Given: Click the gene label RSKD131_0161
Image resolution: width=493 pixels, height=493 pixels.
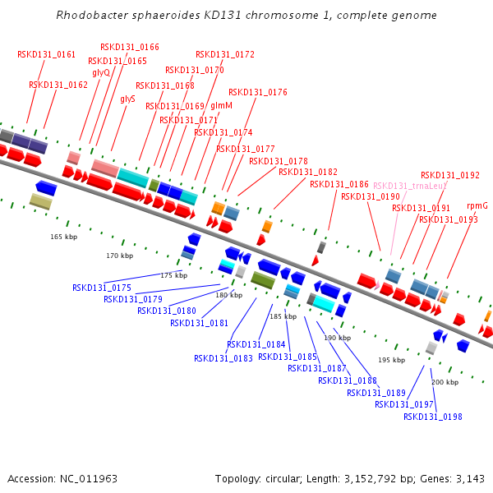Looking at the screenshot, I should pos(46,55).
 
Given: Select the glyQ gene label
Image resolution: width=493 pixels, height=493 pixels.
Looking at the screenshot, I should pos(101,73).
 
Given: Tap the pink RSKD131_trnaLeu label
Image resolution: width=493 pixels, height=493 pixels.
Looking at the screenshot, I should pos(409,186).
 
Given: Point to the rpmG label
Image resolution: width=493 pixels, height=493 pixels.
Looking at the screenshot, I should pos(477,205).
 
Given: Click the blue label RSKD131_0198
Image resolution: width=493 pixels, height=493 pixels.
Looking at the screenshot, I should pos(432,417).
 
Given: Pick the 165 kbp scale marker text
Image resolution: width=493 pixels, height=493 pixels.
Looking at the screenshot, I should pos(63,237).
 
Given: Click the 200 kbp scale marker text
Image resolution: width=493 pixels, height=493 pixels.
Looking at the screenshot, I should pos(445,382).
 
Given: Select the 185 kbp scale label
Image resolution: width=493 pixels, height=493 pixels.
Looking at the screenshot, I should pos(283,316).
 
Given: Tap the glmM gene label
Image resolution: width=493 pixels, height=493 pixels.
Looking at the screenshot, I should pos(221,106).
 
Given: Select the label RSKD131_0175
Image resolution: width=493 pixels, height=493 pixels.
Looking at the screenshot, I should pos(102,288).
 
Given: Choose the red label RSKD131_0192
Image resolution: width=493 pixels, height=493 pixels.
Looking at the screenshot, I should pos(450,176).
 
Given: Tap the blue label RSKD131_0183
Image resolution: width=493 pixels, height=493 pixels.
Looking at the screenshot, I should pos(223,358).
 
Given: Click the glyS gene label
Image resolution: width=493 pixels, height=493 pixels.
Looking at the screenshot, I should pos(127,99).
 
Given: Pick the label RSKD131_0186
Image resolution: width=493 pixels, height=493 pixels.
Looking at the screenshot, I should pos(339,185).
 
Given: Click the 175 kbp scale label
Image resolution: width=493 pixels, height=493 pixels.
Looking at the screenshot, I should pos(173,275).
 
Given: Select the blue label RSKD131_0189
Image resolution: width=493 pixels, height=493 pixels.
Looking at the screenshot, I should pos(376,393).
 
